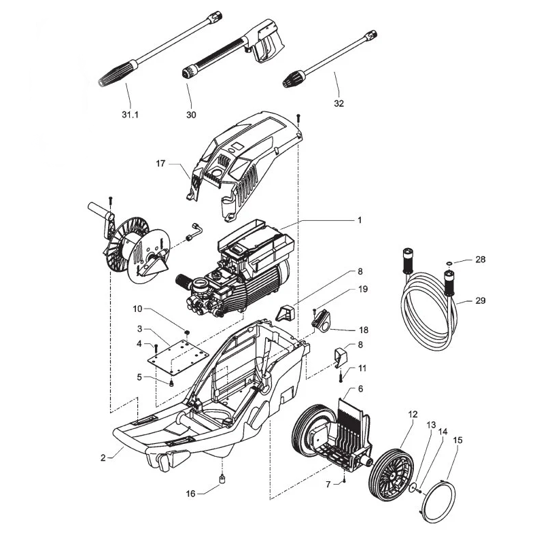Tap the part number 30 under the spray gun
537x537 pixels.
pos(191,115)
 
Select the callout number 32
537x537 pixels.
pos(339,103)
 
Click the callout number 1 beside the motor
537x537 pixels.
pos(360,220)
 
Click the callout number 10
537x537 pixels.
pos(137,308)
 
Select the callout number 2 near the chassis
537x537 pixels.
pos(103,457)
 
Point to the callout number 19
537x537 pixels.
pos(363,289)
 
